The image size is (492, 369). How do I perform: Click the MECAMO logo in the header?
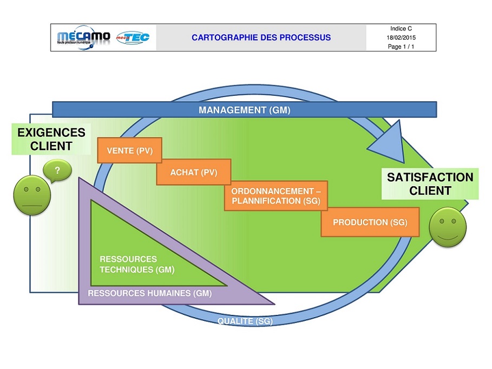click(83, 38)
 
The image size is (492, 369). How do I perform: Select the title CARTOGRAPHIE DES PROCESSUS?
click(261, 38)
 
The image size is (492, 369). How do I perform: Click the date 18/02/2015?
click(401, 38)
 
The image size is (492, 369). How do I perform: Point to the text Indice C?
click(401, 29)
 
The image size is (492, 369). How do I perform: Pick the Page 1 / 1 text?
click(401, 47)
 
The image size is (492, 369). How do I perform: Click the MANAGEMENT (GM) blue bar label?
click(244, 110)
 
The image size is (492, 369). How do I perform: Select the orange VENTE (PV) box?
click(129, 150)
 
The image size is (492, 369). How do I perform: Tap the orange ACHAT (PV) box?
click(193, 173)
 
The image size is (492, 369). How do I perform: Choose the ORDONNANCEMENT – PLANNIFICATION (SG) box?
click(275, 196)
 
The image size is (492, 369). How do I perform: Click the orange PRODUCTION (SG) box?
click(370, 222)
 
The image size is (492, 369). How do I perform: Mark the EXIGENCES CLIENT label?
click(51, 139)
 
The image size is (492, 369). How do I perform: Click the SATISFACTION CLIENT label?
click(430, 183)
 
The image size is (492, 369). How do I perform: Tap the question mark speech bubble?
click(57, 172)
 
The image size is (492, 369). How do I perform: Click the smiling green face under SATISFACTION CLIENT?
click(448, 228)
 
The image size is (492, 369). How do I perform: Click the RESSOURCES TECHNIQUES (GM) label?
click(136, 264)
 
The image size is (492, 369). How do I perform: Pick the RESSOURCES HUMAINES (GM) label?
click(149, 293)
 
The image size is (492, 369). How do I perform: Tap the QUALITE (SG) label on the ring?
click(245, 321)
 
